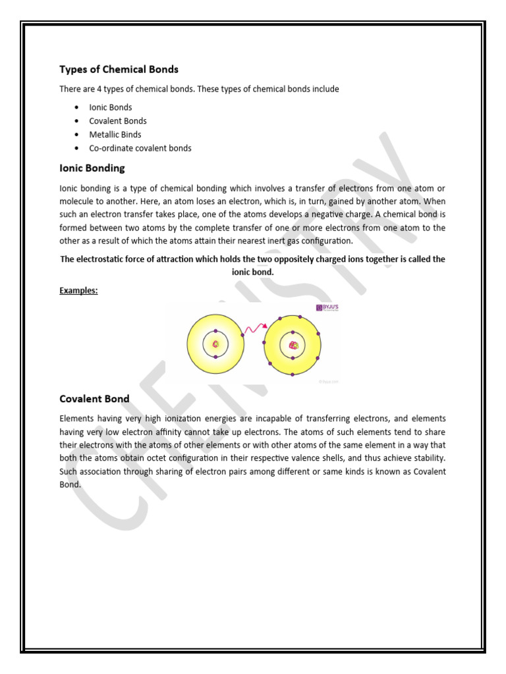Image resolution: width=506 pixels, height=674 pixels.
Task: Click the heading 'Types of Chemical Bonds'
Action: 119,69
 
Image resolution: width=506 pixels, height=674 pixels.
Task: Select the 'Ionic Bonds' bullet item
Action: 110,107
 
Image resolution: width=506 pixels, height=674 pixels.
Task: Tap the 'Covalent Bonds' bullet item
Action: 117,121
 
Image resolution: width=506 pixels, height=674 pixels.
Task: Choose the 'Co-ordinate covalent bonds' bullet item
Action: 140,148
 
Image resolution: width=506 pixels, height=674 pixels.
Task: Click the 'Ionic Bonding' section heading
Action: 92,168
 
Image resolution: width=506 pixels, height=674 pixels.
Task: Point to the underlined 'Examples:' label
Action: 78,290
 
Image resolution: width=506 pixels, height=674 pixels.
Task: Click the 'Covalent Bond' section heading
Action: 94,398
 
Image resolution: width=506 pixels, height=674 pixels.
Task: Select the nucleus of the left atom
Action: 215,344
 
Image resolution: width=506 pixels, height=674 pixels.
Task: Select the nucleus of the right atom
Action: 293,344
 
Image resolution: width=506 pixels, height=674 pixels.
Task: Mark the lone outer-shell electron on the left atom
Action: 242,336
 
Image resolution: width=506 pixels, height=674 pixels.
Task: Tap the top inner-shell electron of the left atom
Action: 215,330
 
